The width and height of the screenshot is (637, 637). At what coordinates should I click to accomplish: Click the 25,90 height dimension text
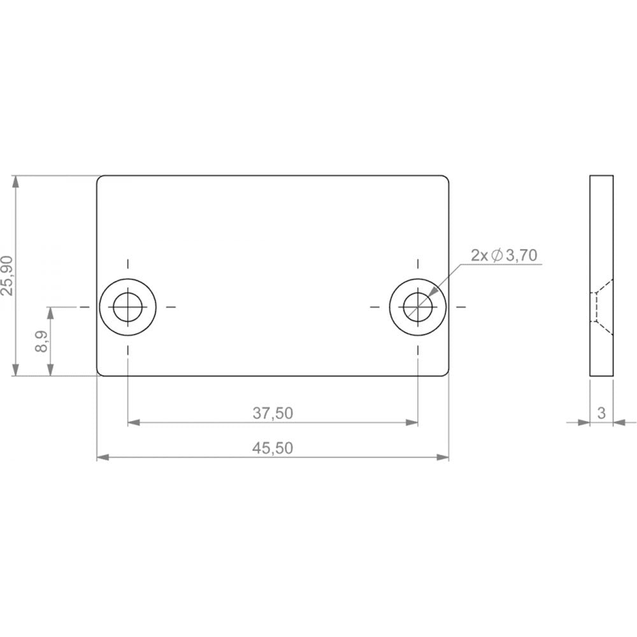pos(8,276)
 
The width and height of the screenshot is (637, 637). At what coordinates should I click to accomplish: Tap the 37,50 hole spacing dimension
pos(273,413)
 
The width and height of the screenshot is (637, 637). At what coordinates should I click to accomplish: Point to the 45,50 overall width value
pos(273,448)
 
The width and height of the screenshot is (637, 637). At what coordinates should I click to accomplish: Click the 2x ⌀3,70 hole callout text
pos(504,255)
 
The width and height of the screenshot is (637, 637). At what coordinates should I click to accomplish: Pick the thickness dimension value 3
pos(601,413)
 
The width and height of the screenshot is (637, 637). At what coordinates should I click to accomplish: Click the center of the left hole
pos(128,307)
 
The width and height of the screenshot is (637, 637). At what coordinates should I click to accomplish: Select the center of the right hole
pos(418,307)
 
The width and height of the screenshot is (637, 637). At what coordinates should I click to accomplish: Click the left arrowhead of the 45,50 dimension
pos(103,457)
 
